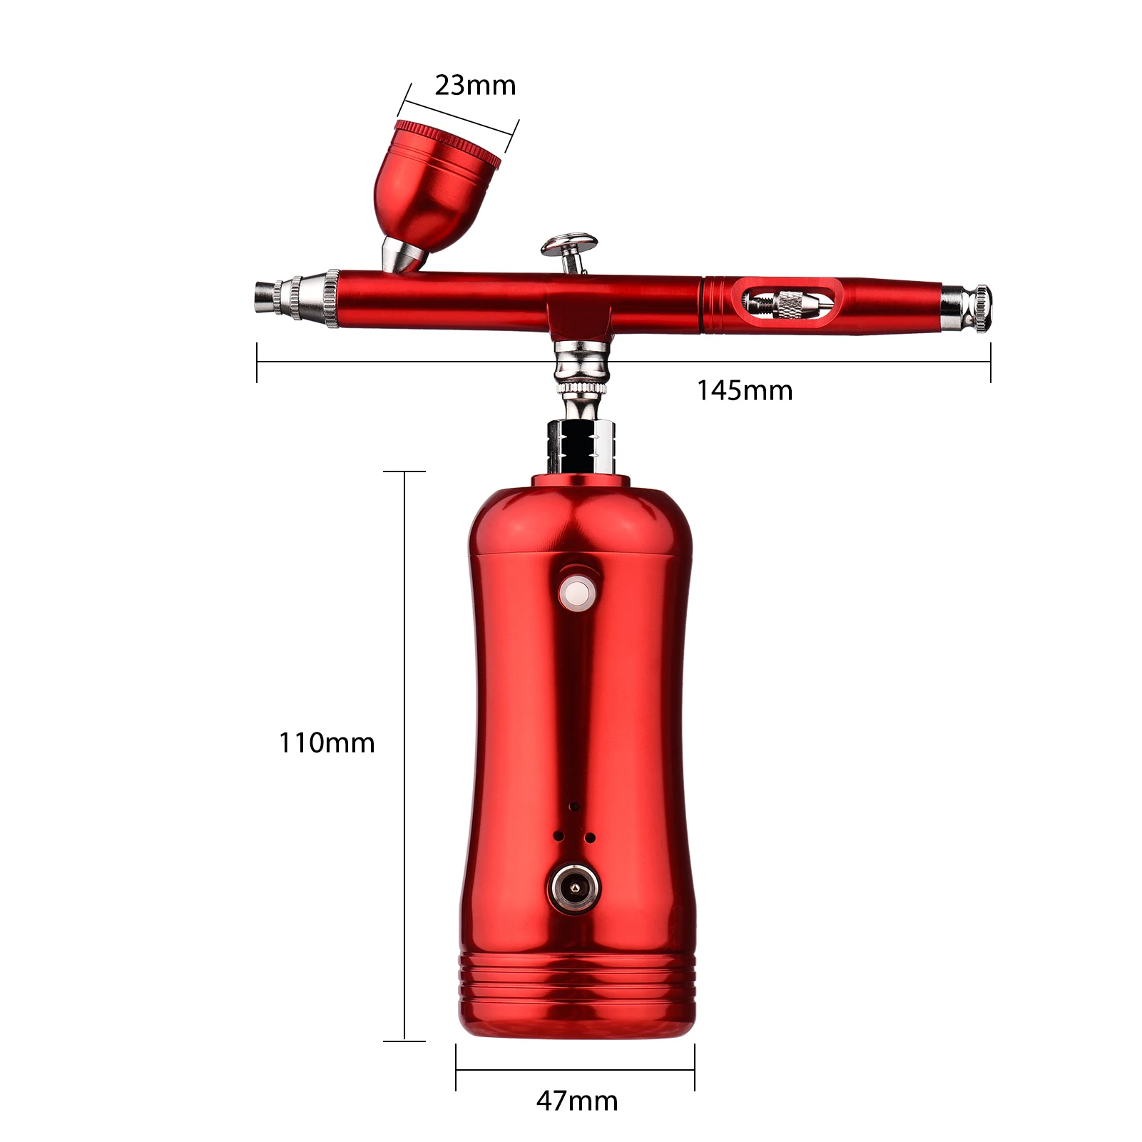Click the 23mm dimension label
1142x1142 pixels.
[x=475, y=85]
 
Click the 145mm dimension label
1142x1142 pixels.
[x=744, y=390]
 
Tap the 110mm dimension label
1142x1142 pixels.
[x=326, y=743]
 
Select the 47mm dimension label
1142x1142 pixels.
[x=577, y=1101]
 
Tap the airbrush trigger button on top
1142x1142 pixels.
[x=569, y=247]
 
